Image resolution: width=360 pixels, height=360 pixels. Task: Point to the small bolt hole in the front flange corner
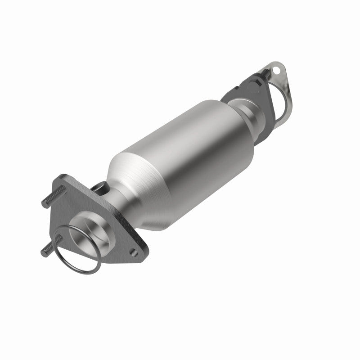pyautogui.click(x=134, y=253)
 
